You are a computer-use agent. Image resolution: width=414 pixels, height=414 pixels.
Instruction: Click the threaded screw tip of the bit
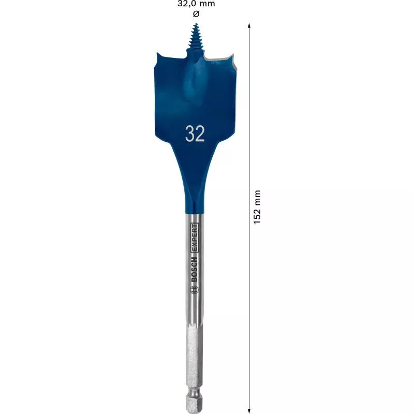pos(196,36)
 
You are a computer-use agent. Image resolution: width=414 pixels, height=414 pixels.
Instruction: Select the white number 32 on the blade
pos(195,134)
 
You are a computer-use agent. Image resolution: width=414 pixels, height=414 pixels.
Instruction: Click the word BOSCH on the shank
pos(195,269)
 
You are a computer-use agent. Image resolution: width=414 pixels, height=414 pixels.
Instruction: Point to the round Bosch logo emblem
pos(195,291)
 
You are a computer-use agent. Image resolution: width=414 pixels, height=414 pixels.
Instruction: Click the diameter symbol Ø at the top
pos(196,12)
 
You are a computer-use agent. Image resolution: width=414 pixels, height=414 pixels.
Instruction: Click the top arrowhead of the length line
pos(249,25)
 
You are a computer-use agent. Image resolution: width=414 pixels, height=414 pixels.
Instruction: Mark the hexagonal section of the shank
pos(195,357)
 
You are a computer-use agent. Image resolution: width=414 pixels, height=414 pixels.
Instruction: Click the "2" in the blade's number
pos(200,134)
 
